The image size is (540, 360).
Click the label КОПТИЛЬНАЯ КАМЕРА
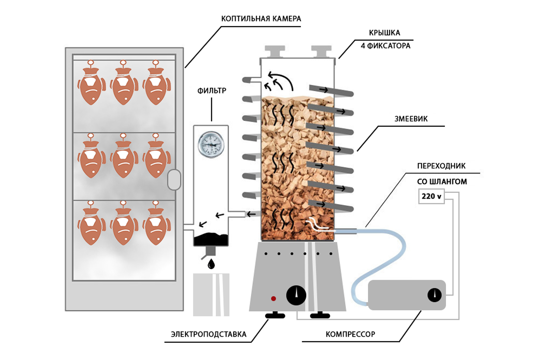[x=261, y=19]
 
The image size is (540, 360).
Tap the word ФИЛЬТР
[x=212, y=91]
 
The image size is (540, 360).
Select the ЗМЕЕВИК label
[x=411, y=119]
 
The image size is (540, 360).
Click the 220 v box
[x=431, y=197]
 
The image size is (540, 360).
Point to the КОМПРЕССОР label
[x=350, y=334]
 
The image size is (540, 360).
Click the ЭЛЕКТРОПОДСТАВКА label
[x=208, y=334]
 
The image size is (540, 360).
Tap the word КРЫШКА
[x=384, y=33]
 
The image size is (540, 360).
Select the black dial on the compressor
[x=435, y=295]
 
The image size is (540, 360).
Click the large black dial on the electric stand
[x=296, y=296]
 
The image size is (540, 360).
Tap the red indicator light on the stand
[x=274, y=298]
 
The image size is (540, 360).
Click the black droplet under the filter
[x=211, y=264]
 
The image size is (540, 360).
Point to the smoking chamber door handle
[x=174, y=179]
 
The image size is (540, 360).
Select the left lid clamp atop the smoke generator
[x=275, y=51]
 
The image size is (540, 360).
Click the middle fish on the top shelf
[x=123, y=85]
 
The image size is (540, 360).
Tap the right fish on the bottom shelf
[x=156, y=225]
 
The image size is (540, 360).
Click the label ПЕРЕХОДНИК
[x=441, y=166]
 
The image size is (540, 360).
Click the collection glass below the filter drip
[x=211, y=294]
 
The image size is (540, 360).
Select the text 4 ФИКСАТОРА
[x=386, y=46]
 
